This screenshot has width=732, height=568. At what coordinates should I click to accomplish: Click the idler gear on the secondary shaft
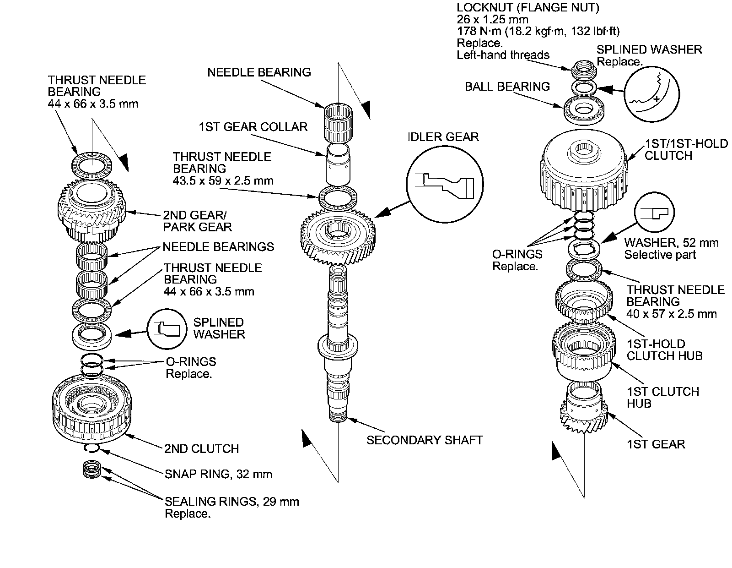coord(338,235)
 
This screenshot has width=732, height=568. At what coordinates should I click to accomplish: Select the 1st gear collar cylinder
coord(338,164)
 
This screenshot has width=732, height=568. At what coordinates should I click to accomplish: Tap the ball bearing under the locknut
coord(584,110)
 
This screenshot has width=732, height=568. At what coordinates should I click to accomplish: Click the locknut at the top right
coord(584,69)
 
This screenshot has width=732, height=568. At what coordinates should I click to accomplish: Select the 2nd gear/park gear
coord(91,210)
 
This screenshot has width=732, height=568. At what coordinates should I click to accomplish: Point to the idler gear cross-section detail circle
coord(445,184)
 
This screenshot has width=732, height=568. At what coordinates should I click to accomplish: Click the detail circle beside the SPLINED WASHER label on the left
coord(167,329)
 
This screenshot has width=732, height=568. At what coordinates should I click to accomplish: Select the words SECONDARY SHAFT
coord(425,440)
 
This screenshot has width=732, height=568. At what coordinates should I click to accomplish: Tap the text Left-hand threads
coord(503,55)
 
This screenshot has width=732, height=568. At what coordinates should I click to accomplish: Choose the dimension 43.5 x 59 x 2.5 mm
coord(223,180)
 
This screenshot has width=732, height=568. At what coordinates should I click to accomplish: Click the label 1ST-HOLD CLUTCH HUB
coord(664,350)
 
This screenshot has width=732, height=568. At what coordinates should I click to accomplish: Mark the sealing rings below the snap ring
coord(91,469)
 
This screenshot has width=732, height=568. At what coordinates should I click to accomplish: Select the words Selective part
coord(660,255)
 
